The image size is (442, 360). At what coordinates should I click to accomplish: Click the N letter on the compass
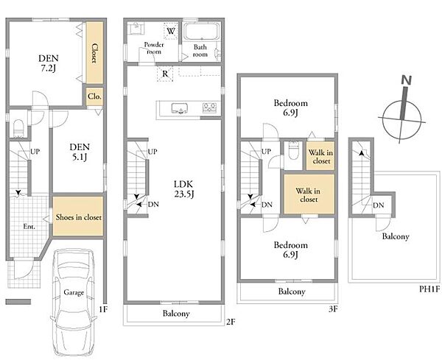click(406, 80)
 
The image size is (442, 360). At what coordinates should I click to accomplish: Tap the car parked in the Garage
click(74, 302)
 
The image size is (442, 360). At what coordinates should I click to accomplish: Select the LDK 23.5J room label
click(183, 189)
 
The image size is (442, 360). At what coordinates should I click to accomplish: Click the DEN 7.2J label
click(49, 63)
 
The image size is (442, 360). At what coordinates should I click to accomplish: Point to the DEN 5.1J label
click(80, 152)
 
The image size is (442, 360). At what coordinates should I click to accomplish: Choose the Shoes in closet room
click(78, 216)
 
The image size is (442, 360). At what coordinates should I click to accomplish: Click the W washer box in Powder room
click(171, 31)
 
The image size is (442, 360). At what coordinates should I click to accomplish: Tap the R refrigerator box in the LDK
click(165, 74)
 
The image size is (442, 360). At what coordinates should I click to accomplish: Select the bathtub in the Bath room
click(202, 31)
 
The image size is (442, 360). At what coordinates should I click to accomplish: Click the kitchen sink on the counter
click(179, 108)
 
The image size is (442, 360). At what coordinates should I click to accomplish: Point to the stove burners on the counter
click(209, 108)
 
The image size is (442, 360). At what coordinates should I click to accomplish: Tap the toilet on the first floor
click(18, 128)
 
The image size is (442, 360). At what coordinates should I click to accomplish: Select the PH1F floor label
click(429, 289)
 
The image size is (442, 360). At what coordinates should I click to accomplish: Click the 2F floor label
click(231, 322)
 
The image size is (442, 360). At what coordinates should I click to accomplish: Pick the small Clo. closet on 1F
click(94, 96)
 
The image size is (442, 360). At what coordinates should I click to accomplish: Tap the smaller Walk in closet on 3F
click(320, 156)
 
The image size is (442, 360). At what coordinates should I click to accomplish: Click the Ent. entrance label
click(29, 226)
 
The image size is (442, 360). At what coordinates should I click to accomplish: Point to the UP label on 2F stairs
click(152, 152)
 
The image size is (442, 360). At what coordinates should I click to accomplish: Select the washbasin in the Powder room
click(137, 28)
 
